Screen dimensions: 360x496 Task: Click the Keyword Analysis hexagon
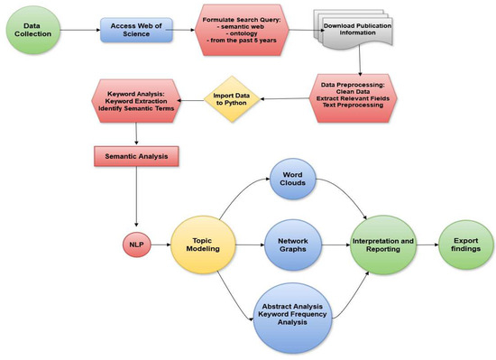point(134,102)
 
